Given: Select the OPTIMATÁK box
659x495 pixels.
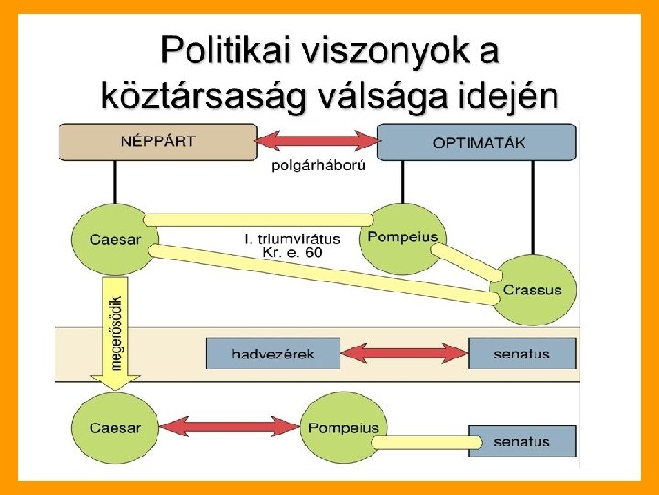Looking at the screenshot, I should click(477, 142).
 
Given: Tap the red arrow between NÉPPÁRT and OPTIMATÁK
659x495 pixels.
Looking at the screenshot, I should click(318, 141).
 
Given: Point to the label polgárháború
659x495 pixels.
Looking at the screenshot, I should click(317, 166).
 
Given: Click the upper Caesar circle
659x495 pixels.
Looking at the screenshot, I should click(115, 239).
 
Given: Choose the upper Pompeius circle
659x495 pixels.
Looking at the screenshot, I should click(403, 238).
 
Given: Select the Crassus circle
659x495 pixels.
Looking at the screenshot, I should click(532, 289).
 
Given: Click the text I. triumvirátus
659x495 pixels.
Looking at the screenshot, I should click(292, 238).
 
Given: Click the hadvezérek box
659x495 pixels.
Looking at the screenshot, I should click(273, 353).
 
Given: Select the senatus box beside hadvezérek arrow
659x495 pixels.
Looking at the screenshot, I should click(522, 353).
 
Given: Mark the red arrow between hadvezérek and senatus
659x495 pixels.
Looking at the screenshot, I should click(404, 353).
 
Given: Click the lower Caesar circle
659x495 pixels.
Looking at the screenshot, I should click(115, 427).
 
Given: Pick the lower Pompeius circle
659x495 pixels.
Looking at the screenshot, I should click(343, 427).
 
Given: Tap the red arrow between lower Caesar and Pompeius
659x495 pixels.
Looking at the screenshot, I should click(229, 427).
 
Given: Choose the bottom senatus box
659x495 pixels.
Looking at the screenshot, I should click(522, 441).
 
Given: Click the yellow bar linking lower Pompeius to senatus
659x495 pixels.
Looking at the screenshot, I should click(427, 444).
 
